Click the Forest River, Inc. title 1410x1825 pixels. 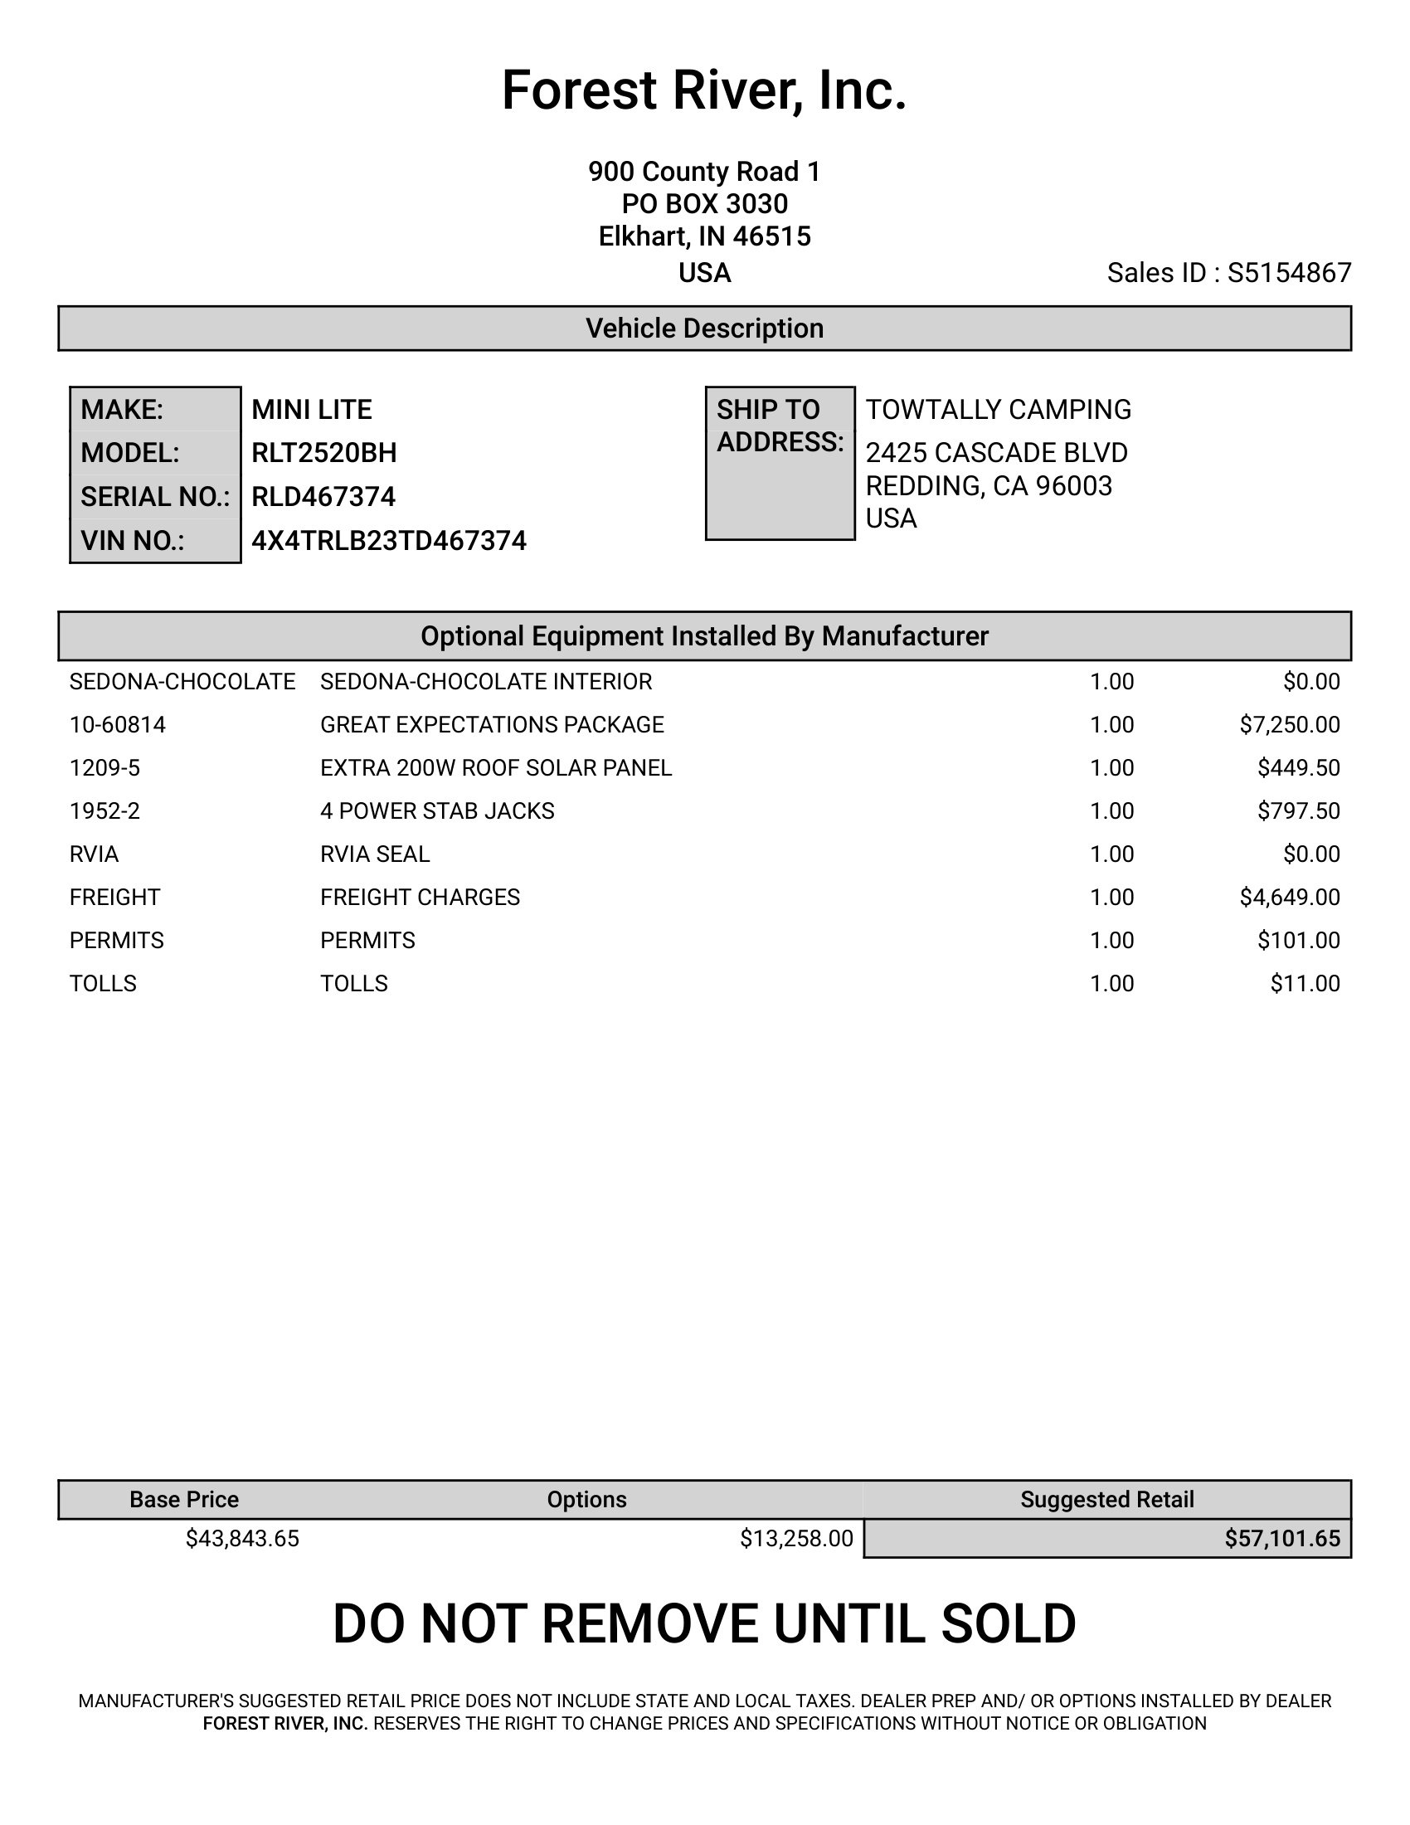703,90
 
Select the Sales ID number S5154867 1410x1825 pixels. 1289,273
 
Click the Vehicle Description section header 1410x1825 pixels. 704,328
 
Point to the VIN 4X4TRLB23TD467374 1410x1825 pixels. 388,541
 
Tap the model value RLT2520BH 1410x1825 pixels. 324,453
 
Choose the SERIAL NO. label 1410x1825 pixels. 154,497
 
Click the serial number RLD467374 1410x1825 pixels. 323,497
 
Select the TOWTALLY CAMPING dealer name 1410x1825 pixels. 998,410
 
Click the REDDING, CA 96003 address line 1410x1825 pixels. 988,485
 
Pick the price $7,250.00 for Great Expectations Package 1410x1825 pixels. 1289,724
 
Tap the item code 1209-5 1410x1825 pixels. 105,768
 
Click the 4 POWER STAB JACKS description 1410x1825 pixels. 437,811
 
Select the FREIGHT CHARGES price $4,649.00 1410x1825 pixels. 1289,898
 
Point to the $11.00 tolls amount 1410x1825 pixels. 1305,984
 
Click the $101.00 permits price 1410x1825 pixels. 1298,941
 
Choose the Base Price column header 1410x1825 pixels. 184,1499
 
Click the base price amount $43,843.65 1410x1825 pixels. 242,1538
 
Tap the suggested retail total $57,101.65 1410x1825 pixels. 1282,1538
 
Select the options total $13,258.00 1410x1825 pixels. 796,1538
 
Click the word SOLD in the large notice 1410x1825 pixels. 1009,1624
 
